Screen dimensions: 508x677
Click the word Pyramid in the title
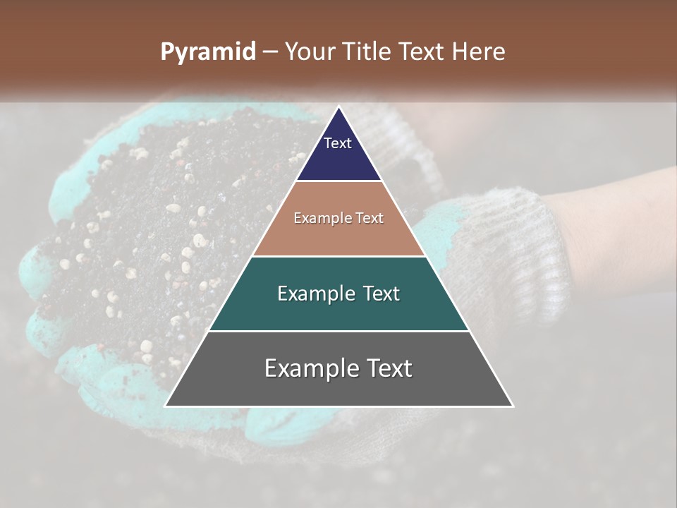(207, 52)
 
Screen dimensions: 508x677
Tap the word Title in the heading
(367, 52)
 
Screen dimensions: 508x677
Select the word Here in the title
(479, 52)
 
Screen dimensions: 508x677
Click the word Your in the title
(310, 52)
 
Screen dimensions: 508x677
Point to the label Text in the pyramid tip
(338, 143)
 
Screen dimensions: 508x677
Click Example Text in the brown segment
(338, 218)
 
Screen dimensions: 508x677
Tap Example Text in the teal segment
(338, 294)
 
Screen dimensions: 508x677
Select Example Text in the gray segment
(338, 368)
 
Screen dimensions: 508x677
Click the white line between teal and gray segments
(338, 331)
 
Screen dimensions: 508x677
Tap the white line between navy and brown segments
(338, 181)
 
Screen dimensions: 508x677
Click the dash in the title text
(270, 52)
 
